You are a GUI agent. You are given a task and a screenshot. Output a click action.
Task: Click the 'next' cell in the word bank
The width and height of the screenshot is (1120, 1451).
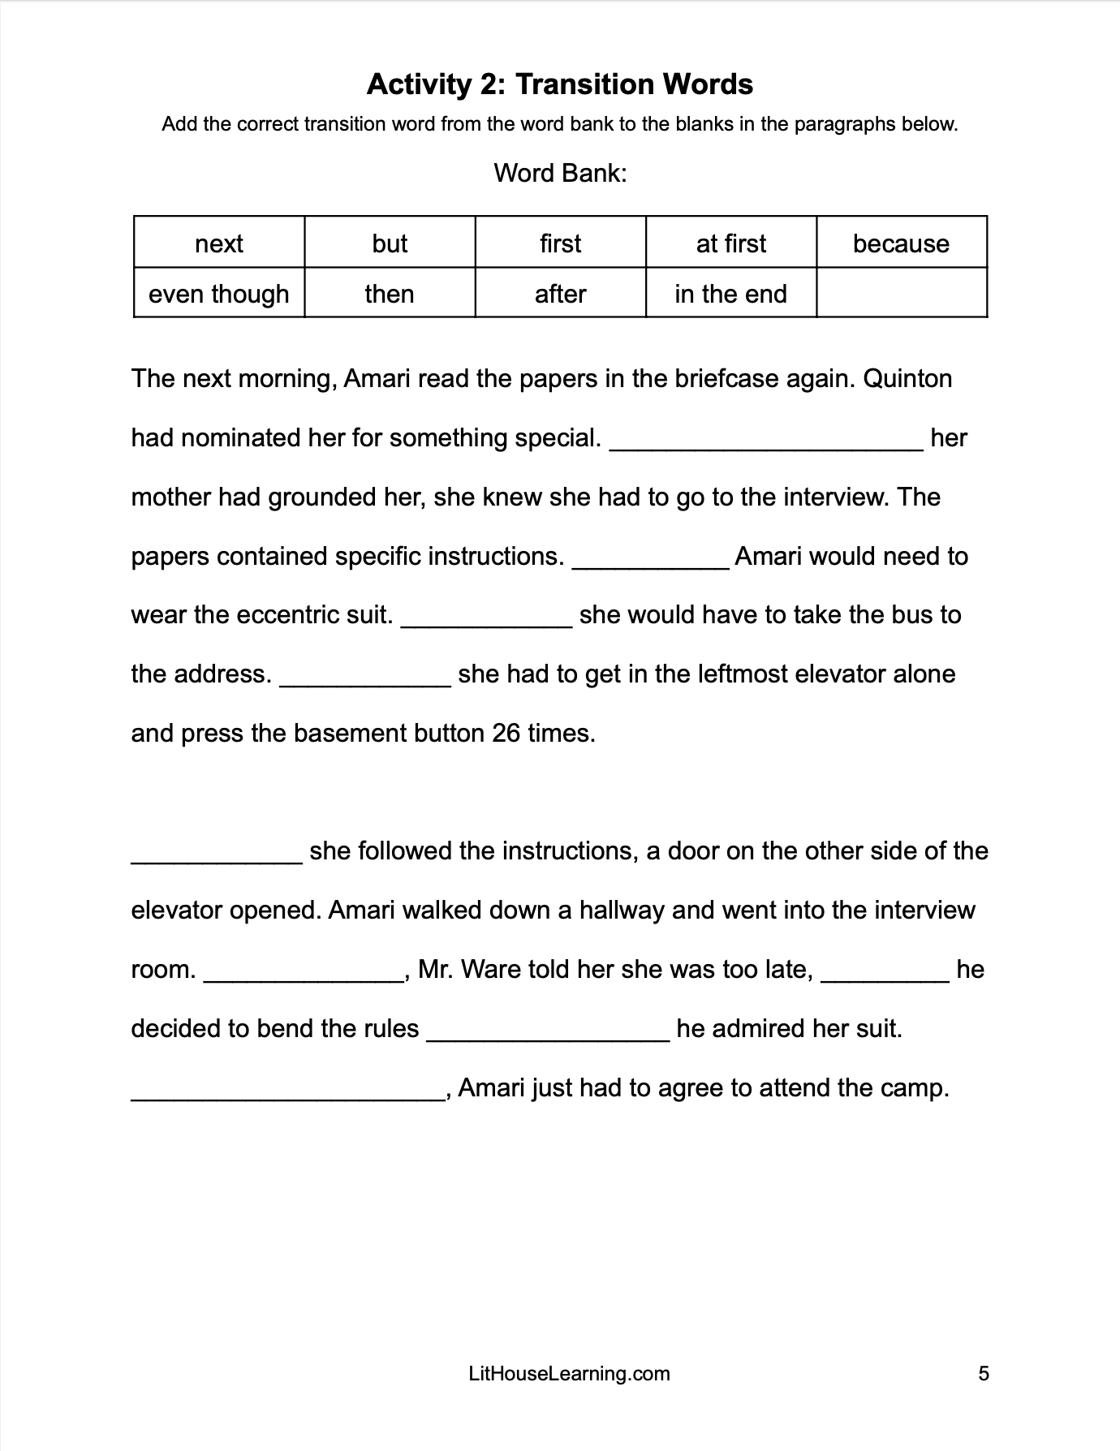click(219, 243)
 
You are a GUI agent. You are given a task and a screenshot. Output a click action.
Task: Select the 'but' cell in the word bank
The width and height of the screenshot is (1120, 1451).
click(390, 243)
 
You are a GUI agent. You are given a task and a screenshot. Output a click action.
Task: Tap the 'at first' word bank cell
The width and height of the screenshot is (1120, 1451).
click(730, 243)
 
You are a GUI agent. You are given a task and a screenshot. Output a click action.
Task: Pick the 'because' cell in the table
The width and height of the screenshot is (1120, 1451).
click(901, 243)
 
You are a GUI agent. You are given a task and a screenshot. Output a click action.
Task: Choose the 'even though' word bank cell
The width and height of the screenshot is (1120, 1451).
click(219, 294)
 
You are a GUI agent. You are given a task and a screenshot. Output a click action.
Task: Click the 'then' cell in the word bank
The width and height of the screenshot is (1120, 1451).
click(390, 294)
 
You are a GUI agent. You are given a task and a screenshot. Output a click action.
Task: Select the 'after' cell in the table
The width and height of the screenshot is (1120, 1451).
click(560, 294)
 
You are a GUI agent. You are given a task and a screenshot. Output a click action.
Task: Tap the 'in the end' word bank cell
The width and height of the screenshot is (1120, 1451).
click(730, 294)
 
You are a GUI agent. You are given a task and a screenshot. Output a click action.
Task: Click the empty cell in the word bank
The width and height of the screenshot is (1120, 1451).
click(901, 294)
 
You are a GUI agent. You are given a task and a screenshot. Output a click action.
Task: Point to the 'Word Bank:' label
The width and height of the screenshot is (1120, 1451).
click(560, 173)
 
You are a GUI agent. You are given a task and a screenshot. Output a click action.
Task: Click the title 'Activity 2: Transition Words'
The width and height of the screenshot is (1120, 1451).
click(560, 84)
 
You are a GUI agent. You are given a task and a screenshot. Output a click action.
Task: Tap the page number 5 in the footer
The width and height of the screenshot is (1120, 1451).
click(983, 1373)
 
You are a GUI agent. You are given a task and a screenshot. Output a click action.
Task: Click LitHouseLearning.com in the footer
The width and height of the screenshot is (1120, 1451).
click(569, 1373)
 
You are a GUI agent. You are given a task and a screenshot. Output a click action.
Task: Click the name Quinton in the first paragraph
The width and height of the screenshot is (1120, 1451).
click(907, 379)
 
